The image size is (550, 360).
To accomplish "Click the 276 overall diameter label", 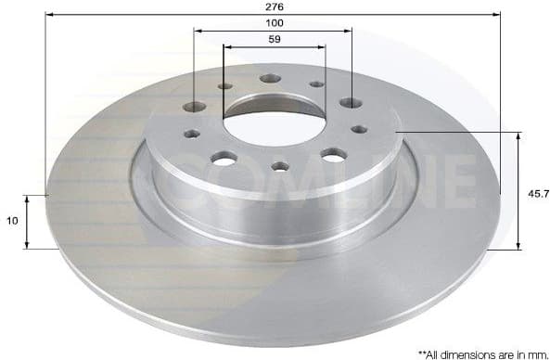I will point(275,6).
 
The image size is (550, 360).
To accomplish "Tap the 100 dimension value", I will point(273,22).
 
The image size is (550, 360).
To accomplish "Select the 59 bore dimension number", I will point(274,40).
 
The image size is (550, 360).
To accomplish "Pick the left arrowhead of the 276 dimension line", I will point(49,15).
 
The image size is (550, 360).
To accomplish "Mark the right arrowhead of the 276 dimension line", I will point(498,15).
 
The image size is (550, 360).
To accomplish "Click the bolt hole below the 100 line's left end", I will point(196,107).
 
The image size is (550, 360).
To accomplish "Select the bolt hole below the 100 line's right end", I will point(350,103).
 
